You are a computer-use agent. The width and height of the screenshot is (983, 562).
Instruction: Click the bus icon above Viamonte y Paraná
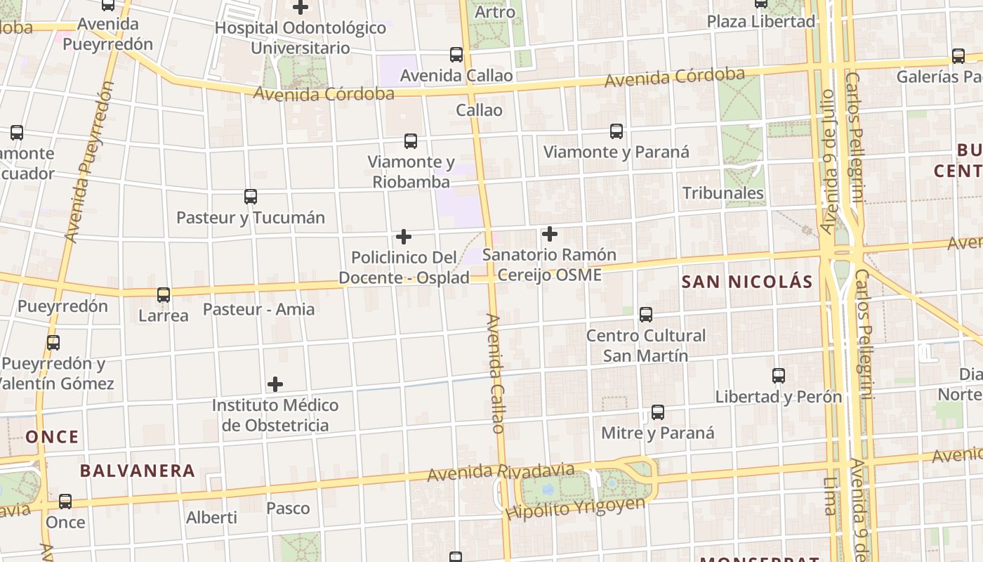[616, 131]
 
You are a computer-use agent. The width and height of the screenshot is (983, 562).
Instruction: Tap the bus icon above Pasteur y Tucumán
[250, 197]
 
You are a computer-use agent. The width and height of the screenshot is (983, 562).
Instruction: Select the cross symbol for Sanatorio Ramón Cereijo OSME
[550, 233]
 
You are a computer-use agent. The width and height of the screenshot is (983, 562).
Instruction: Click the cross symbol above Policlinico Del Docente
[403, 237]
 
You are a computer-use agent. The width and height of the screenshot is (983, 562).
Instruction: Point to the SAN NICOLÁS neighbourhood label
[747, 282]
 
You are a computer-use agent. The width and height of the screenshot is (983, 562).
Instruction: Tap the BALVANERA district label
[137, 471]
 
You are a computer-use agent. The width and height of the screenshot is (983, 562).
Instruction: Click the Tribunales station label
[723, 193]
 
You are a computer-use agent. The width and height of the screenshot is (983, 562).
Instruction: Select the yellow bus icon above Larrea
[164, 295]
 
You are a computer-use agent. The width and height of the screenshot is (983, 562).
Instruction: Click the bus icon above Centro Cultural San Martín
[645, 314]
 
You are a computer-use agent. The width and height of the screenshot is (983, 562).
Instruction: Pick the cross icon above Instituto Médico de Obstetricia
[275, 384]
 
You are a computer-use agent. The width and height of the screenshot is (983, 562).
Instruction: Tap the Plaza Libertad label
[760, 22]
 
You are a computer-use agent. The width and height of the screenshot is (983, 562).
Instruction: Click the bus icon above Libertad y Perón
[778, 375]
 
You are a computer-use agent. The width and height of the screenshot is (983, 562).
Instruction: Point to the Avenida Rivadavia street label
[501, 473]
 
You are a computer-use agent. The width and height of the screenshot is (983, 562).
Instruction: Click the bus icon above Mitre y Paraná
[657, 412]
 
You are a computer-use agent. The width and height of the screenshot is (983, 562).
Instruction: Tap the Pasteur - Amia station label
[258, 309]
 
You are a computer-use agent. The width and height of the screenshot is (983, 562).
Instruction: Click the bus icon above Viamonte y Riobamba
[411, 141]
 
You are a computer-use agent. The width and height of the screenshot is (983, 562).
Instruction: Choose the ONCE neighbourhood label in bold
[53, 437]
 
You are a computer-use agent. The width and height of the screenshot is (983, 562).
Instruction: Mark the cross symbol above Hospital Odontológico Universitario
[301, 8]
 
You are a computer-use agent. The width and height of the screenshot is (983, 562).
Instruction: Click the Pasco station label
[288, 508]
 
